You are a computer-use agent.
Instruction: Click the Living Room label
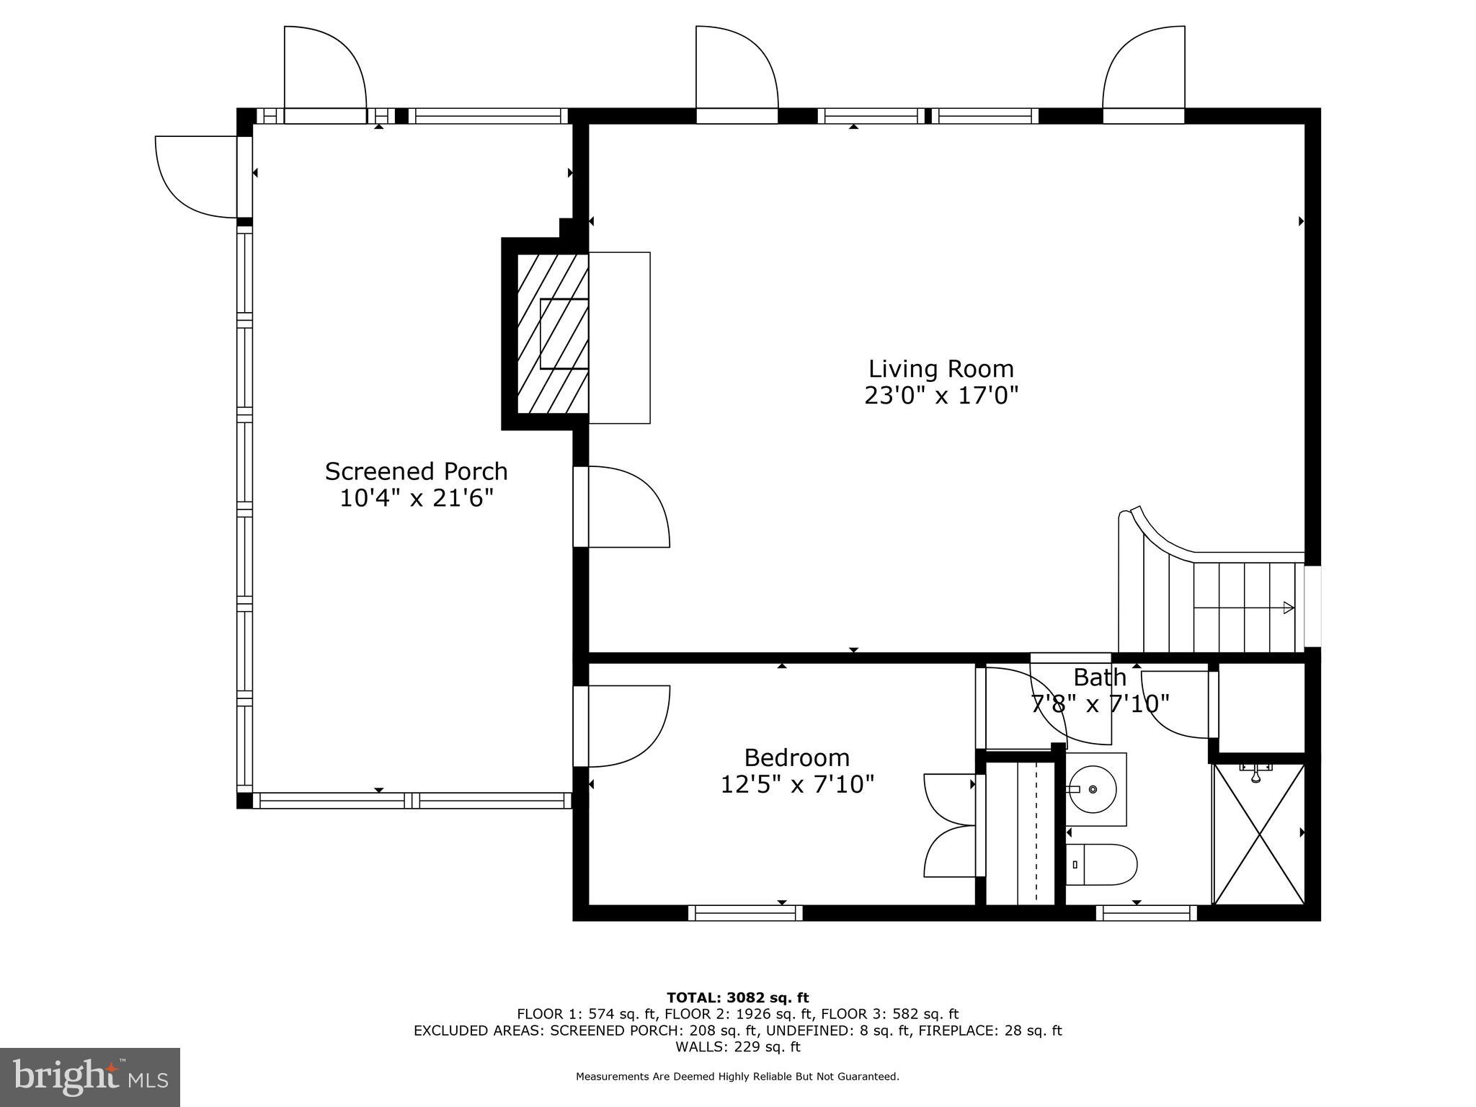(x=941, y=369)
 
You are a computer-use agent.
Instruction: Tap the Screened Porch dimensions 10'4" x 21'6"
(x=417, y=498)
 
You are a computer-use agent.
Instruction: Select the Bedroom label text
(x=796, y=757)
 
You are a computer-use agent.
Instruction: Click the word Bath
(x=1099, y=677)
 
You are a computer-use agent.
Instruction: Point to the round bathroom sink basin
(x=1093, y=789)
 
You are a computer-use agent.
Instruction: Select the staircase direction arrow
(x=1287, y=608)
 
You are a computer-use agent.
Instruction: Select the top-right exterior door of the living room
(x=1144, y=72)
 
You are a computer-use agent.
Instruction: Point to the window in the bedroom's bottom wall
(x=745, y=913)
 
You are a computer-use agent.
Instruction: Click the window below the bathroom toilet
(x=1146, y=913)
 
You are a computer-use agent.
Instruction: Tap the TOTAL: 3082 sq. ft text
(x=737, y=997)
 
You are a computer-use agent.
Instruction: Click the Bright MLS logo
(x=90, y=1077)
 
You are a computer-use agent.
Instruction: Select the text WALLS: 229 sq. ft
(x=737, y=1046)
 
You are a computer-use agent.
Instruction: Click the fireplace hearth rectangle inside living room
(x=620, y=337)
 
